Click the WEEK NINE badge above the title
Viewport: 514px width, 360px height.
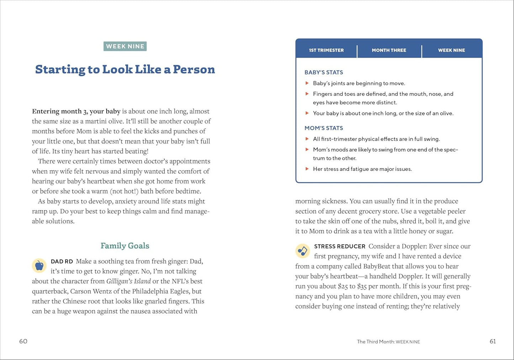tap(125, 46)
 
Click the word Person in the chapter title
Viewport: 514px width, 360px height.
tap(194, 69)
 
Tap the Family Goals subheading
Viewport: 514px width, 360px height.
tap(125, 246)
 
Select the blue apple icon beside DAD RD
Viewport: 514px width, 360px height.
tap(39, 265)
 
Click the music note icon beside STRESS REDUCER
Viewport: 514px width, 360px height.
tap(302, 251)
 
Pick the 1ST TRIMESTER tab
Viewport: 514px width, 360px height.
tap(326, 50)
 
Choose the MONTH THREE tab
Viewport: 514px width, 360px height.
tap(389, 50)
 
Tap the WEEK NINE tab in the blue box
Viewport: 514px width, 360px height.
tap(451, 50)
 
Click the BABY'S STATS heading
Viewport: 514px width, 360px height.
tap(324, 72)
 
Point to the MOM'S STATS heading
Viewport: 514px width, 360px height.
tap(324, 128)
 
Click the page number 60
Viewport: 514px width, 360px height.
tap(23, 341)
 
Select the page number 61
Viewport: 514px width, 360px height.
tap(493, 341)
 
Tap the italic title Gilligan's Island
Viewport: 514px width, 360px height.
tap(128, 281)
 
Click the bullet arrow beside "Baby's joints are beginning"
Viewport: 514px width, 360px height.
tap(307, 83)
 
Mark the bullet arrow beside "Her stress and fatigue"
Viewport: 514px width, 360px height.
tap(307, 169)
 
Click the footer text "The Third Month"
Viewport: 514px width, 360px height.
tap(375, 342)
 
